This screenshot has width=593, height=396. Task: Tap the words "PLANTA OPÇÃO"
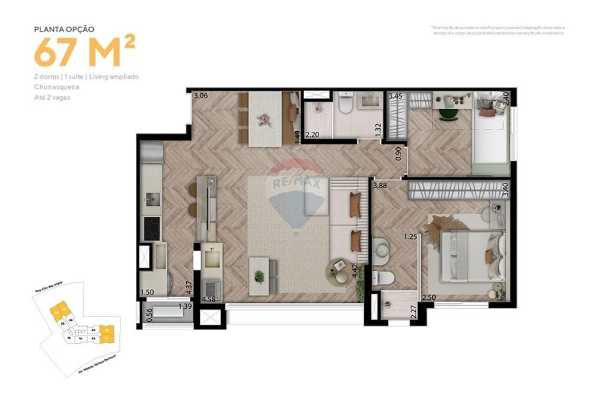coord(64,28)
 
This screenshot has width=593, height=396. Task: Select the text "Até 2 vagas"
coord(52,97)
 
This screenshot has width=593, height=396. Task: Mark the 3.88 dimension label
coord(381,186)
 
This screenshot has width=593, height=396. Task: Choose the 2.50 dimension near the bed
coord(429,297)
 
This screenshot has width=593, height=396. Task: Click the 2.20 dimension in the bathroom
coord(312,134)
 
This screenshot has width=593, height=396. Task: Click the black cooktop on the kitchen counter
coord(152,227)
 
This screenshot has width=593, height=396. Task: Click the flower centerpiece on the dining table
coord(263,120)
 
